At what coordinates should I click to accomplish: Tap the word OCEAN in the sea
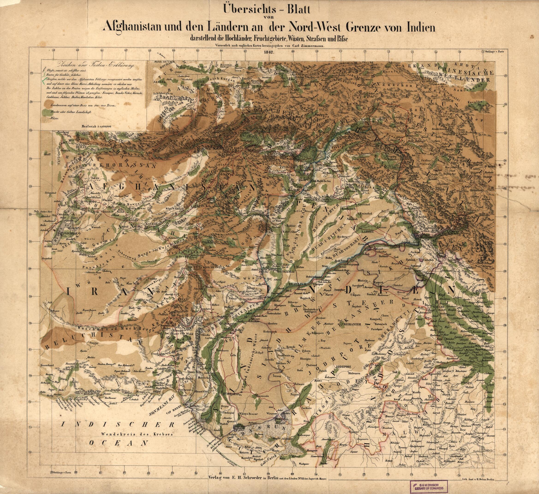[x=119, y=443]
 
